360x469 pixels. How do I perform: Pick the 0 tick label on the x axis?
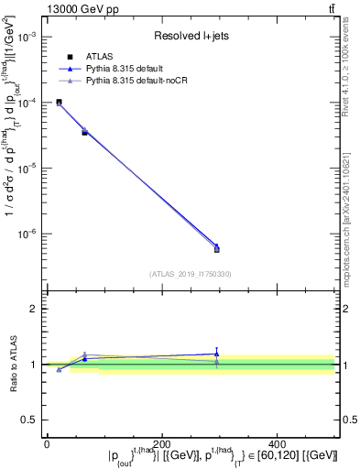click(x=46, y=442)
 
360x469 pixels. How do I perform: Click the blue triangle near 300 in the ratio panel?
click(x=217, y=353)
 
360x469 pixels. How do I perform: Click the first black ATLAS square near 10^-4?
click(x=59, y=103)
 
